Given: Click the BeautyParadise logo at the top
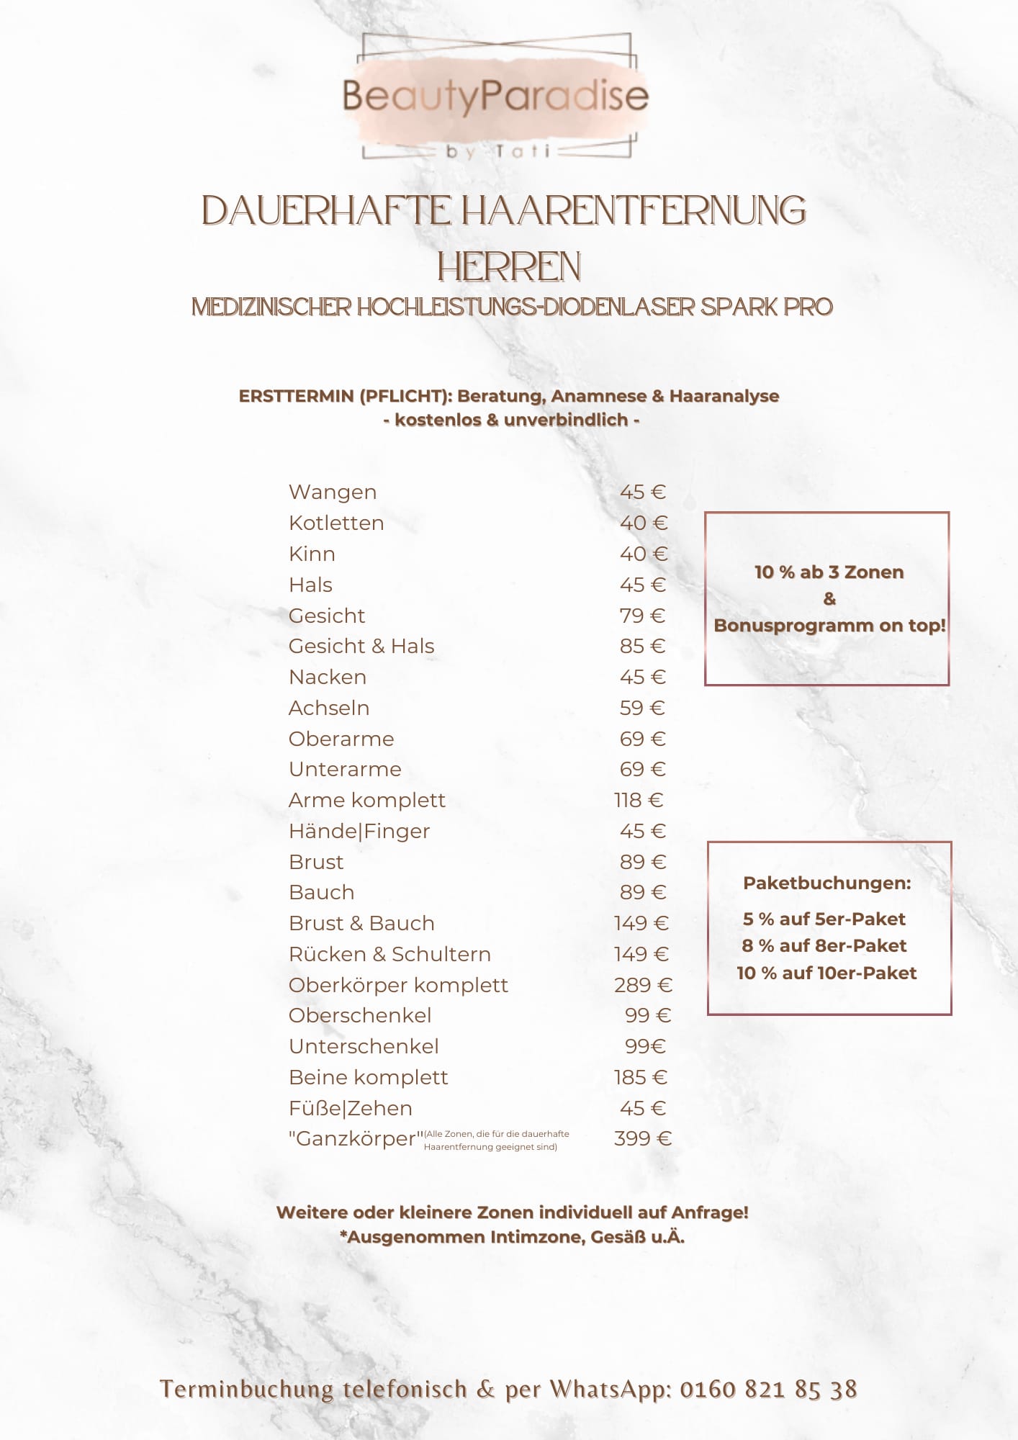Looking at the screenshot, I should pyautogui.click(x=495, y=96).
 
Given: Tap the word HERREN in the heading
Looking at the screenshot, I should pyautogui.click(x=509, y=267).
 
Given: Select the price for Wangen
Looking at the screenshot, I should pyautogui.click(x=642, y=492).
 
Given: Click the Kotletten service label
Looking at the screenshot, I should pyautogui.click(x=336, y=523).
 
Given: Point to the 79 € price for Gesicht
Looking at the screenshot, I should pyautogui.click(x=641, y=616).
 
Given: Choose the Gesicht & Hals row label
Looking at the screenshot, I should pyautogui.click(x=361, y=647).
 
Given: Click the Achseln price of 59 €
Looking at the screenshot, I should pyautogui.click(x=641, y=708).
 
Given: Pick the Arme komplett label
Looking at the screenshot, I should pyautogui.click(x=367, y=801).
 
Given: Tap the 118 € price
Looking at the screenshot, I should pyautogui.click(x=638, y=801).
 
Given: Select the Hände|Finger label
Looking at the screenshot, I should pyautogui.click(x=359, y=832).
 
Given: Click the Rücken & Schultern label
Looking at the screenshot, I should pyautogui.click(x=389, y=955).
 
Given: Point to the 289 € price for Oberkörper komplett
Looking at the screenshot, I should pyautogui.click(x=643, y=986).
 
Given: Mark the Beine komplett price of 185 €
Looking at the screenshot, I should pyautogui.click(x=640, y=1078).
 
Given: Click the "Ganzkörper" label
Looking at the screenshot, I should pyautogui.click(x=356, y=1139).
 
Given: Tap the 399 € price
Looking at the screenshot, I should pyautogui.click(x=642, y=1139).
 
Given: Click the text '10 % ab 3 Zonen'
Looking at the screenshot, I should pyautogui.click(x=829, y=572).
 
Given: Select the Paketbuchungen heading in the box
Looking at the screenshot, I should pyautogui.click(x=827, y=883).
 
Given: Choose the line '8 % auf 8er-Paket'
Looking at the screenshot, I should pyautogui.click(x=824, y=946).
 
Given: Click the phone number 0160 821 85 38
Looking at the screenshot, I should pyautogui.click(x=768, y=1390).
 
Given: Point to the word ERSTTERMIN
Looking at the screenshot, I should pyautogui.click(x=295, y=397).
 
